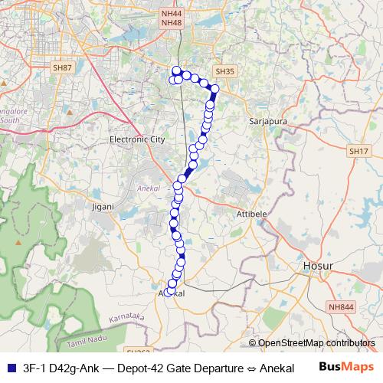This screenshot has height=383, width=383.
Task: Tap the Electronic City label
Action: (137, 140)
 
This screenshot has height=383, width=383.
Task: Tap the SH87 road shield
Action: (62, 68)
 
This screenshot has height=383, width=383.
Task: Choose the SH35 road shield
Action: (223, 71)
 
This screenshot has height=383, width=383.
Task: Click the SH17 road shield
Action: (358, 151)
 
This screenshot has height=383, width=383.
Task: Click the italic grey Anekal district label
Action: (146, 186)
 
